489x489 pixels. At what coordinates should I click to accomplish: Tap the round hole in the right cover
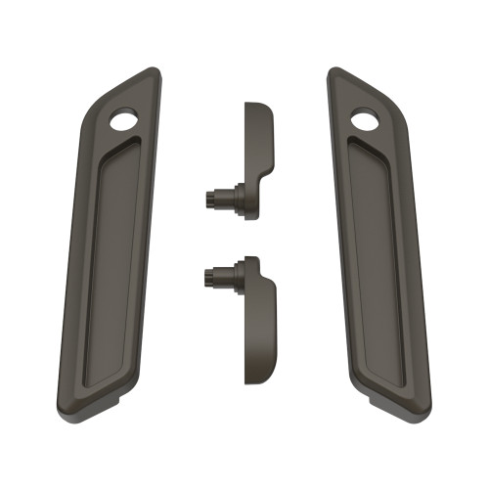(x=364, y=120)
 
